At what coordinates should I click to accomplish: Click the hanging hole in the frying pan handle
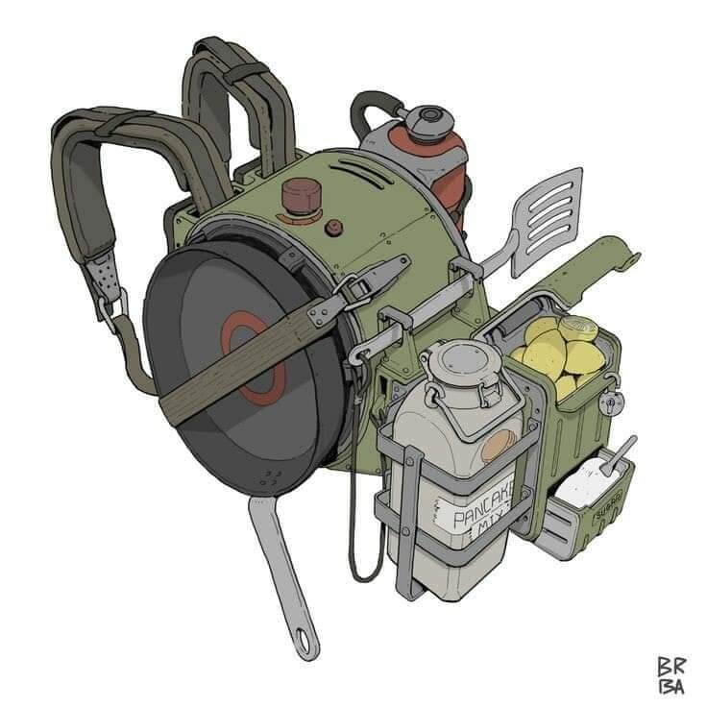(306, 636)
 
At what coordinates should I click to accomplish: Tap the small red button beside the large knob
(334, 228)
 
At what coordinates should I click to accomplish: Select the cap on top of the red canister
(423, 122)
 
